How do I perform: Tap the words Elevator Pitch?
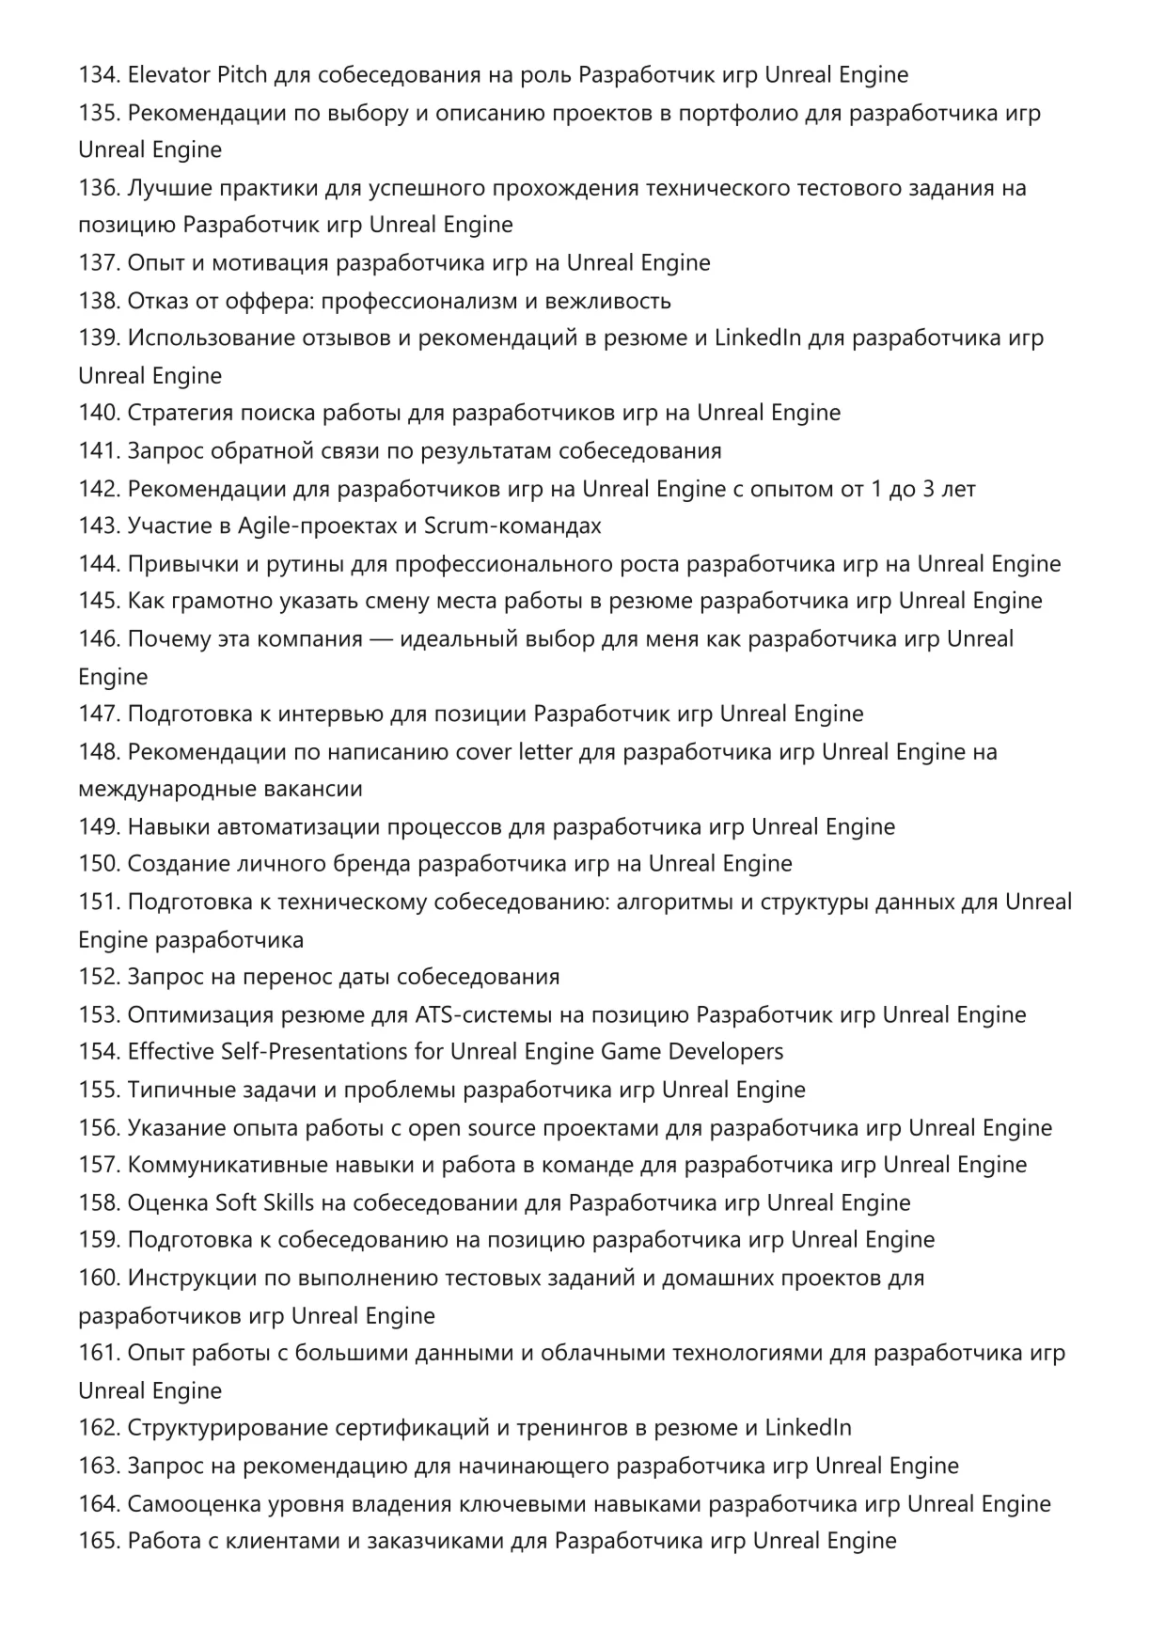click(184, 75)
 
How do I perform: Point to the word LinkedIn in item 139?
click(758, 338)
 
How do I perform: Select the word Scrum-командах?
click(512, 526)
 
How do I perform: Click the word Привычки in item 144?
click(176, 564)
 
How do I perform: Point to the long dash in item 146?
click(382, 639)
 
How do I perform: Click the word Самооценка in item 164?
click(189, 1504)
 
